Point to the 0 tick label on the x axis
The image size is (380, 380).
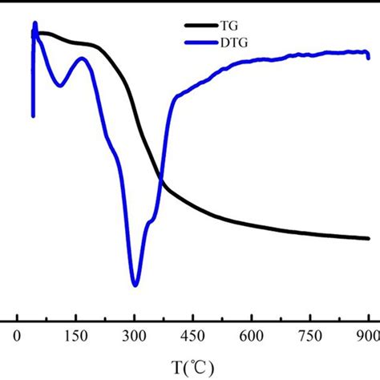[x=17, y=336]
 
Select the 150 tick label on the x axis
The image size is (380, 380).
[x=75, y=336]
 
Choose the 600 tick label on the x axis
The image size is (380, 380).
[x=252, y=336]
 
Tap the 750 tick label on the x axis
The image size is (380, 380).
[x=310, y=336]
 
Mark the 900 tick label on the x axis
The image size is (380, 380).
[x=368, y=336]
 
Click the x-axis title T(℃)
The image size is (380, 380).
[x=192, y=366]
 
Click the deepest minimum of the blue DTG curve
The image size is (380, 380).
[x=135, y=285]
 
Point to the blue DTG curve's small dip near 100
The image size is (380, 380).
[x=59, y=85]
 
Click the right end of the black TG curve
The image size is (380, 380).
[x=369, y=238]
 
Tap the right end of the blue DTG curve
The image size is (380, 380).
[x=369, y=57]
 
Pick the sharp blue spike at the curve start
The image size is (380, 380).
[x=34, y=24]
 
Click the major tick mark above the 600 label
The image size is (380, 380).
[x=252, y=318]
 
